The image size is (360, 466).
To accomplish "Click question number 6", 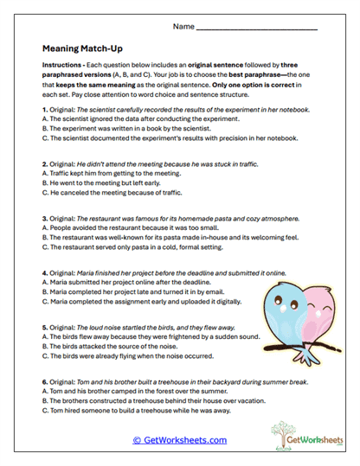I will click(44, 380).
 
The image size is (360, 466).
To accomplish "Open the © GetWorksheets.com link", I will click(179, 440).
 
